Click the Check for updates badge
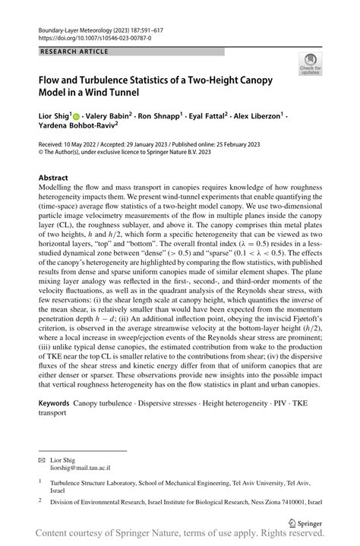click(x=310, y=64)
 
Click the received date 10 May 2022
click(x=84, y=144)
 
